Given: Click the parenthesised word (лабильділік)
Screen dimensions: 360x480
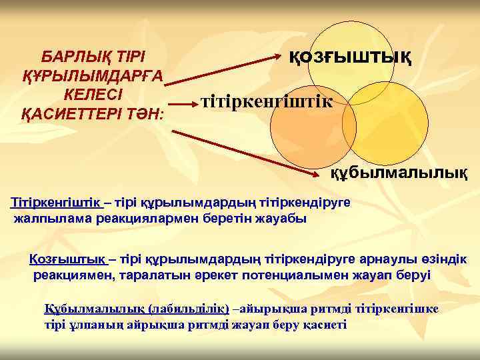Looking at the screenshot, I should point(190,309).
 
